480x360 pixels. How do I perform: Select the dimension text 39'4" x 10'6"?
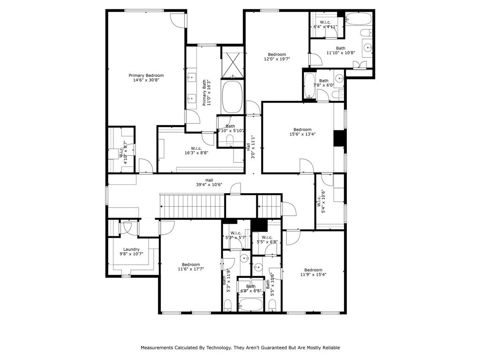click(209, 185)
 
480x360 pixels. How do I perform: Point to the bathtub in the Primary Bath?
click(231, 97)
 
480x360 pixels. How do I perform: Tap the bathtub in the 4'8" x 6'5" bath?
click(251, 305)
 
